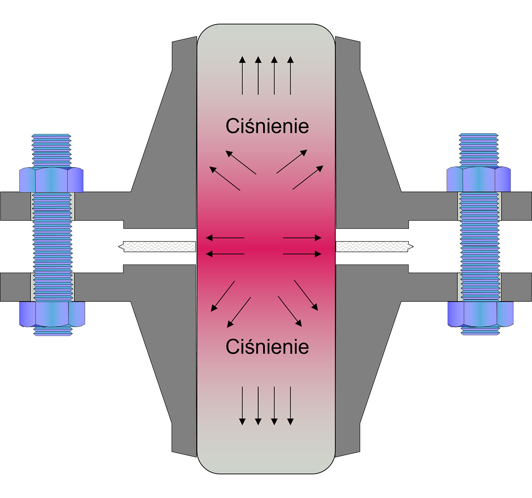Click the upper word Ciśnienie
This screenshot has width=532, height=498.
pyautogui.click(x=267, y=127)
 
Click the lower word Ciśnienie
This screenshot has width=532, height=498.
pyautogui.click(x=267, y=347)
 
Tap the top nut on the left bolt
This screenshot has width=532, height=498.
pyautogui.click(x=51, y=180)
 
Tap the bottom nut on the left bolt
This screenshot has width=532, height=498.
pyautogui.click(x=52, y=314)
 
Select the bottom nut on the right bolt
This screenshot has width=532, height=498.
pyautogui.click(x=480, y=314)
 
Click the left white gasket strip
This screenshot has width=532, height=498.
pyautogui.click(x=158, y=247)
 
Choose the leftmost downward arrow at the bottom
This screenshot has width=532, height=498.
pyautogui.click(x=242, y=406)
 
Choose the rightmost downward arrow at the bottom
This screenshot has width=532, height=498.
pyautogui.click(x=290, y=406)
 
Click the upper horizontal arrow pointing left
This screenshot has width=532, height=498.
pyautogui.click(x=225, y=238)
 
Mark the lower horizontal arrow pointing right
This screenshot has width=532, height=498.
pyautogui.click(x=302, y=254)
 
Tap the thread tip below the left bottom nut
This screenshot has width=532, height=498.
pyautogui.click(x=53, y=331)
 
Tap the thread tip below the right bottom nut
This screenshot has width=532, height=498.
pyautogui.click(x=480, y=331)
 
